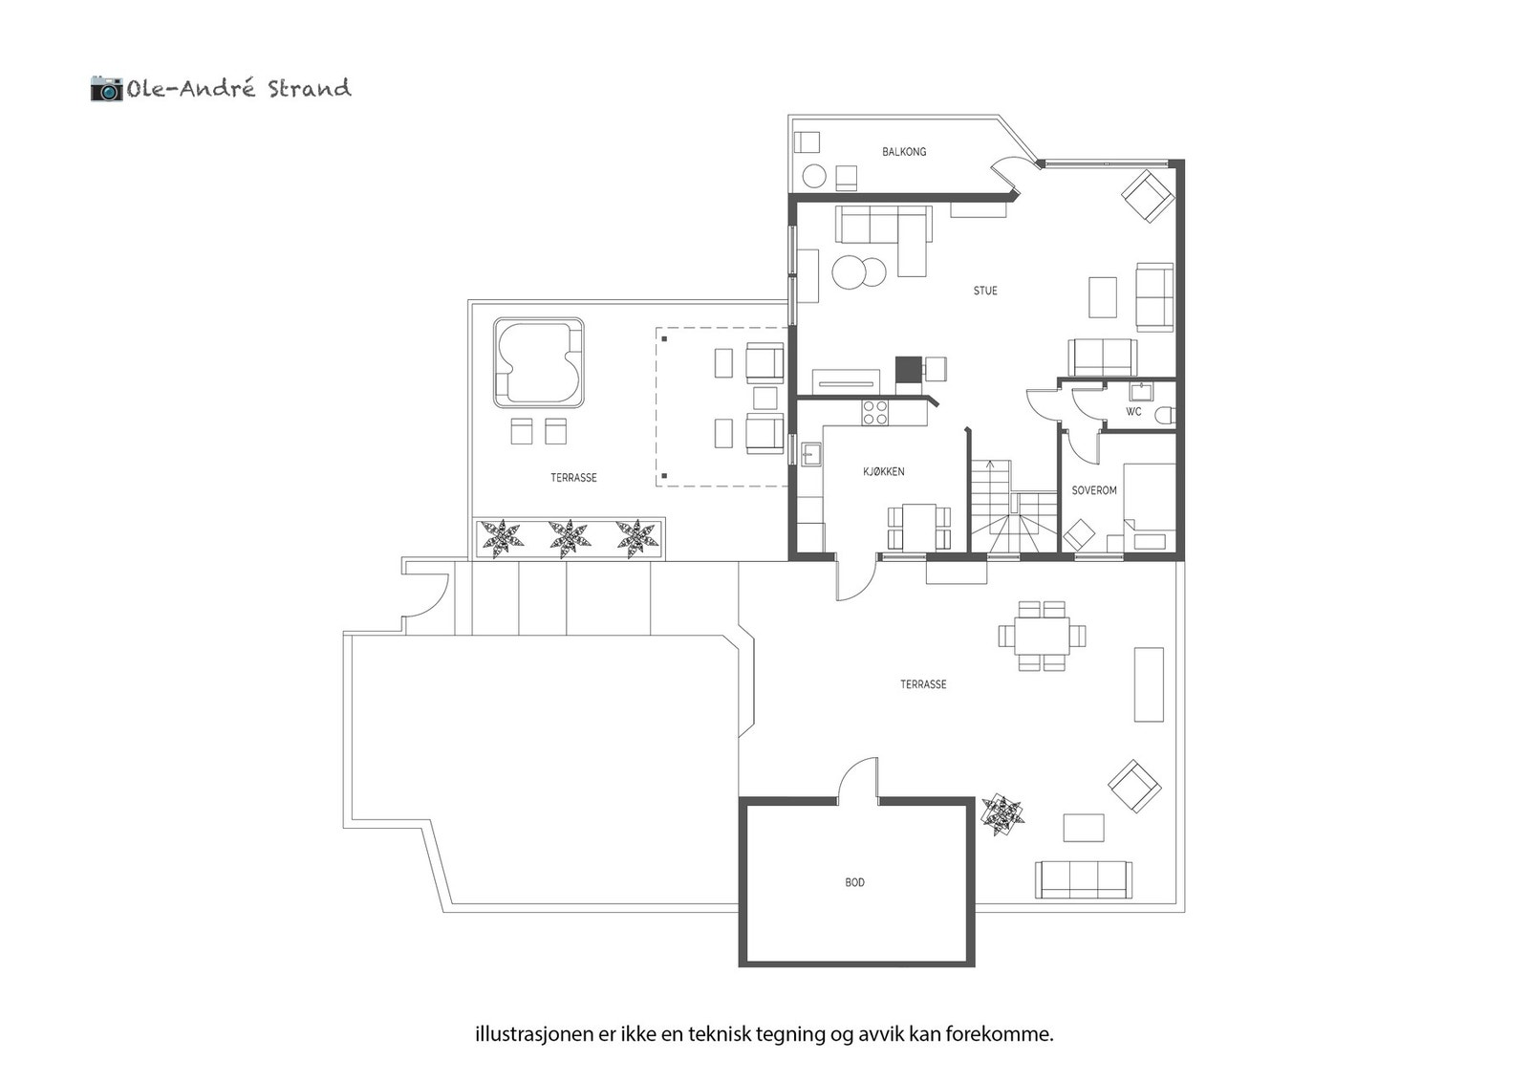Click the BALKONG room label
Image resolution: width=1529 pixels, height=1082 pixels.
pos(903,152)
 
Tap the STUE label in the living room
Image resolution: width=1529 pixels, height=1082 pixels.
pos(985,291)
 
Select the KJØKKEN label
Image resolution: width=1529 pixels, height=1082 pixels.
pos(883,472)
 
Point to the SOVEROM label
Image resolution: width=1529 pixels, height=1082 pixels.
pos(1094,490)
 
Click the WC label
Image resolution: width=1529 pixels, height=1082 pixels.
pos(1133,412)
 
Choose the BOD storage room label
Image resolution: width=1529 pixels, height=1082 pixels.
pos(854,882)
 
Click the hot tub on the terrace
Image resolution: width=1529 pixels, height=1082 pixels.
pos(538,362)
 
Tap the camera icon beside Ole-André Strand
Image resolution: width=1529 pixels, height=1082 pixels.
pos(106,89)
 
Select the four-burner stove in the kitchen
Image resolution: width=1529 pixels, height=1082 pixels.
pos(875,412)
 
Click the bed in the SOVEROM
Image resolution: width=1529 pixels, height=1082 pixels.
pos(1150,507)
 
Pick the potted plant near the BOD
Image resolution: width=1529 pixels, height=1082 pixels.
pos(1001,813)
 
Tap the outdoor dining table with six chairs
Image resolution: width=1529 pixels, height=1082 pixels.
pos(1042,635)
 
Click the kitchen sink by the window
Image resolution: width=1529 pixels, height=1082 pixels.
pos(811,454)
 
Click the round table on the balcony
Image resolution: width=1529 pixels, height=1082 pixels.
pos(814,176)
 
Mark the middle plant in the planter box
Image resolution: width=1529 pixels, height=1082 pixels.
pos(570,538)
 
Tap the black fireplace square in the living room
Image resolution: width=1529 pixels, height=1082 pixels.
pos(907,368)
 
